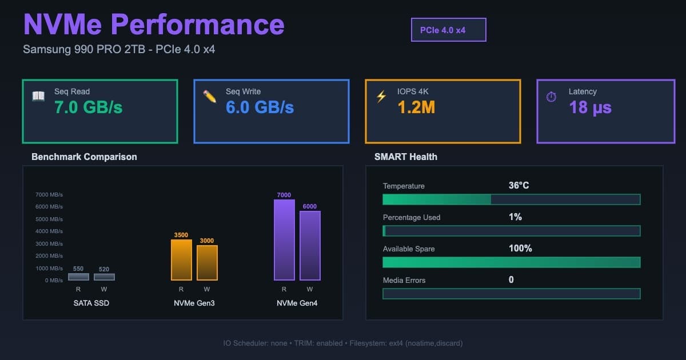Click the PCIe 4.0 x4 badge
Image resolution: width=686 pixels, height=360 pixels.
click(x=448, y=30)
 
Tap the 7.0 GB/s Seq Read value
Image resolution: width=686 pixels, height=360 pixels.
click(x=89, y=107)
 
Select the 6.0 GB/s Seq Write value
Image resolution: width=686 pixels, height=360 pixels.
click(x=260, y=107)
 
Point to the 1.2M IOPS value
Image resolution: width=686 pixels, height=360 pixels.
click(x=416, y=107)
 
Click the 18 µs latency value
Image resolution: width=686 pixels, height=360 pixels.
click(x=590, y=107)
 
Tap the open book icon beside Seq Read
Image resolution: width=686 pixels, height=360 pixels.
click(x=38, y=96)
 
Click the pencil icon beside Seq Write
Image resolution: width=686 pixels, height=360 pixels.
click(x=210, y=96)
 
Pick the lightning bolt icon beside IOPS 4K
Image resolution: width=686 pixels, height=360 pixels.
click(x=381, y=96)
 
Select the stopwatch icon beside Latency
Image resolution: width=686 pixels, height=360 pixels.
click(x=551, y=97)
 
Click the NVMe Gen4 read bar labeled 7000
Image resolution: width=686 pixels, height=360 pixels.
click(x=284, y=240)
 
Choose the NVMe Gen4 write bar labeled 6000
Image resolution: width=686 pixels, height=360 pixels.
click(x=310, y=246)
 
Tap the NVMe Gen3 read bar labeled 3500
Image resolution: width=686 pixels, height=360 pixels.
click(x=181, y=260)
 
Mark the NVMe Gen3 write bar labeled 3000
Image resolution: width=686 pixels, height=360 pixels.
click(x=207, y=263)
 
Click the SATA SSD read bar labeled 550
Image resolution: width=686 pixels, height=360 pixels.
click(x=78, y=277)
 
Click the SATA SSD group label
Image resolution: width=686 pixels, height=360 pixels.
click(x=91, y=303)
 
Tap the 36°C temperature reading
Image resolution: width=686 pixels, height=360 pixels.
click(x=519, y=186)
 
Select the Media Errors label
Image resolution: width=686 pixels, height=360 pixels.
click(x=404, y=280)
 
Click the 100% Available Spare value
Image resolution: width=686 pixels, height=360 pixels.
click(x=520, y=249)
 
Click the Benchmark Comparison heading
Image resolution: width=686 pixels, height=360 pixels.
click(x=84, y=157)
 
